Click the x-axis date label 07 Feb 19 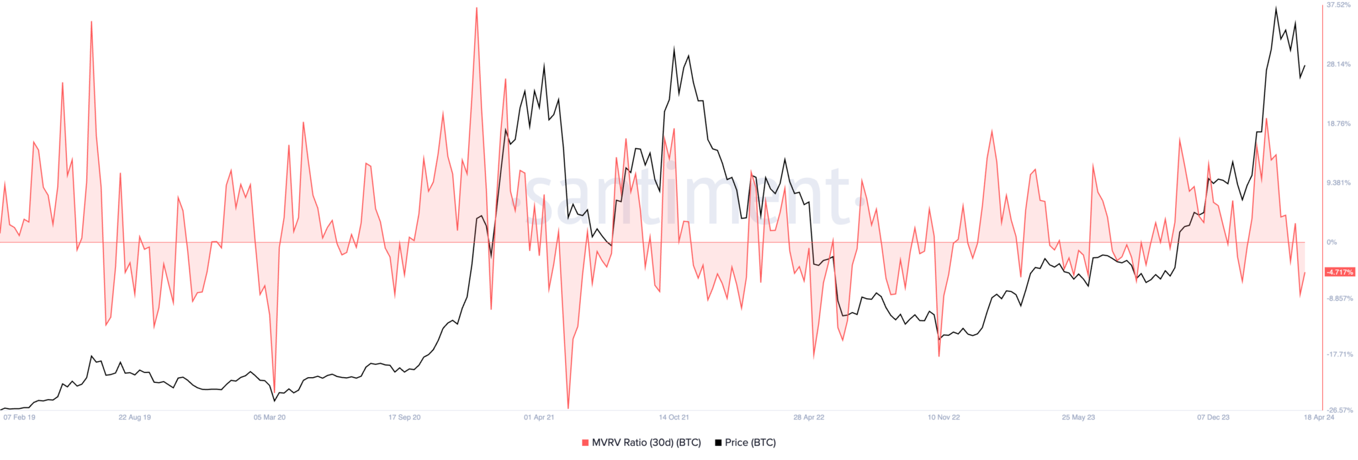[19, 418]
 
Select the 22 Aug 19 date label [135, 418]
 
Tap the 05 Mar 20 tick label [269, 418]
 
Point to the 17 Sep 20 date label [404, 418]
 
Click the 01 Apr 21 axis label [539, 418]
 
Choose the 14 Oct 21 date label [674, 418]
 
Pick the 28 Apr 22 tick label [809, 418]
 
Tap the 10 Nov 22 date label [944, 418]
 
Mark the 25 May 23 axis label [1078, 418]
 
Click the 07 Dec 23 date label [1213, 418]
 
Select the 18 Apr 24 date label [1319, 418]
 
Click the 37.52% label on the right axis [1338, 5]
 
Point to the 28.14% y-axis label [1338, 64]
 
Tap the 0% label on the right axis [1331, 242]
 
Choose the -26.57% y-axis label [1339, 410]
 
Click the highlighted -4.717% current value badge [1339, 272]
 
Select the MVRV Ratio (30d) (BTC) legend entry [641, 443]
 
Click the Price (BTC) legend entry [745, 443]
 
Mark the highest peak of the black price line [1276, 8]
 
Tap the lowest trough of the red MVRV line [568, 408]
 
